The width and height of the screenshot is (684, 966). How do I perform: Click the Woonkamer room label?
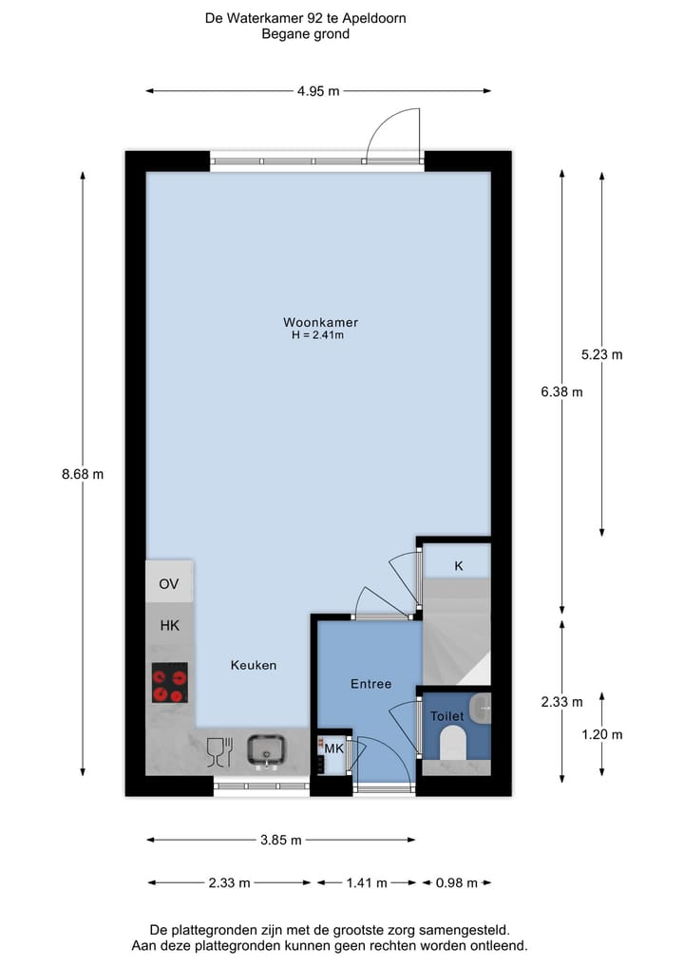point(320,322)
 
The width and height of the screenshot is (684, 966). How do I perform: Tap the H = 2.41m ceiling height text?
point(318,335)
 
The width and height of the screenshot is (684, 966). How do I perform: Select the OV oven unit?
point(169,582)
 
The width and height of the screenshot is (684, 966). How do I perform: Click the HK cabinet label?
point(169,625)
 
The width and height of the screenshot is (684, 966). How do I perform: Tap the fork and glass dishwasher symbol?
point(219,750)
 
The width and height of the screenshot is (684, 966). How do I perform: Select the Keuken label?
point(254,665)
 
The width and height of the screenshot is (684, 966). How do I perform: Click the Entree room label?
point(370,683)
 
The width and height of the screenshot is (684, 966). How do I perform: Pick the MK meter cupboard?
point(332,749)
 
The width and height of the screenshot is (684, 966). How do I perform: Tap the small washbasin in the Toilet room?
point(483,706)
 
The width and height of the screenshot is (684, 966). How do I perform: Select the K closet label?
point(458,566)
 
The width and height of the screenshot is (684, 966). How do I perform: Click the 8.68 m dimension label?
point(83,475)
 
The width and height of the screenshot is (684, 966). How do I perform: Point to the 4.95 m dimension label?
point(318,91)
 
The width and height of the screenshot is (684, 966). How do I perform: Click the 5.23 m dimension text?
point(602,354)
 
